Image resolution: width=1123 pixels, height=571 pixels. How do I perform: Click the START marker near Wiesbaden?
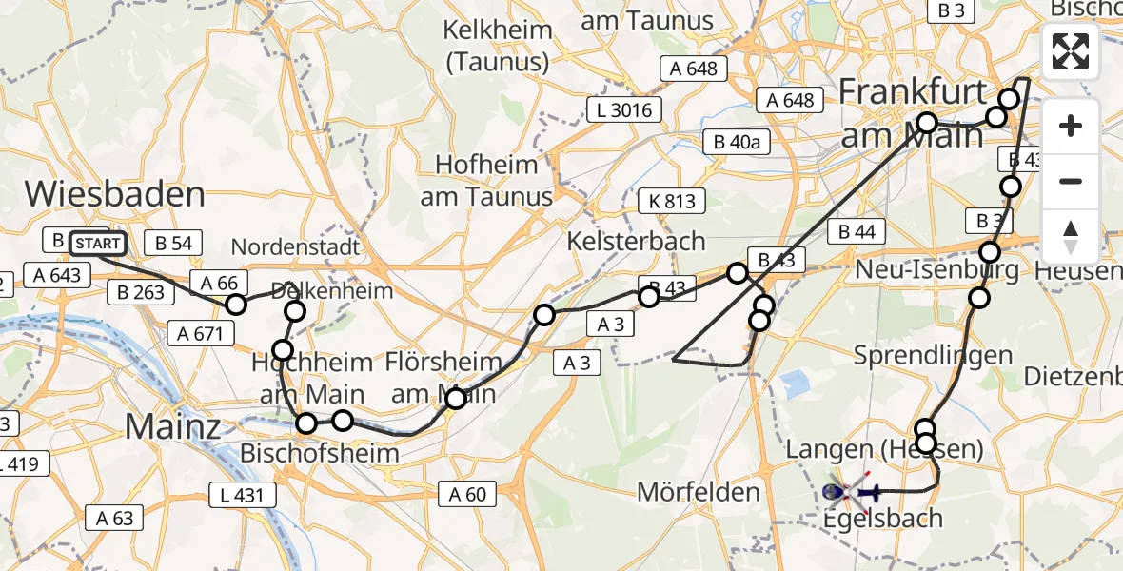(x=97, y=244)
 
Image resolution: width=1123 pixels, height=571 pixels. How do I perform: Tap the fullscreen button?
(x=1071, y=51)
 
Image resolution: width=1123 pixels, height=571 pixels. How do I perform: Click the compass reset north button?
(x=1071, y=236)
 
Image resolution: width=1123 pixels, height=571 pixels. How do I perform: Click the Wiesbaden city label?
(x=114, y=194)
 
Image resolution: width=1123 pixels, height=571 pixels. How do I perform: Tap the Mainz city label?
(x=172, y=426)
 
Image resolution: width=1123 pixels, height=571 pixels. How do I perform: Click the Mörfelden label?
(x=699, y=492)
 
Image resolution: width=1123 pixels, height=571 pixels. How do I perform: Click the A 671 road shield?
(x=200, y=333)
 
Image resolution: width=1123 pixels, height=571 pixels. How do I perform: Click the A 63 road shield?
(x=114, y=518)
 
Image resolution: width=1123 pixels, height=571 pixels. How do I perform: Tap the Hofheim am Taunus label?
(x=487, y=180)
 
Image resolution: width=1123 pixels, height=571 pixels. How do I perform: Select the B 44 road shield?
(x=857, y=231)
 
